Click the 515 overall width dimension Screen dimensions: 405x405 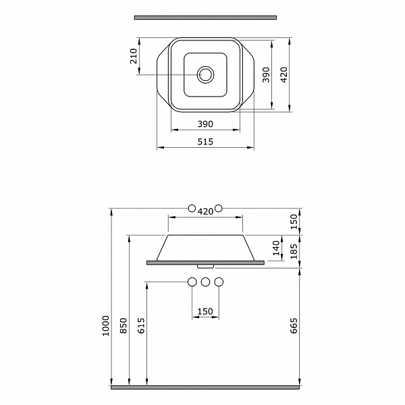[205, 141]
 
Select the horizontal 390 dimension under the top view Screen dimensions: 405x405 [205, 124]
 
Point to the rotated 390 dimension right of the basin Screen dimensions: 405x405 [265, 74]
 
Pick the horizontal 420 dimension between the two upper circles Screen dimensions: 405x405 [205, 211]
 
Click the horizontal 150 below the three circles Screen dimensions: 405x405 [205, 312]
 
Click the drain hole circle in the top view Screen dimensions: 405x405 [205, 74]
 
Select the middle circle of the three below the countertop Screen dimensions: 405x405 [205, 282]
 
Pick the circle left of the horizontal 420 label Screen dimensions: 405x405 [192, 208]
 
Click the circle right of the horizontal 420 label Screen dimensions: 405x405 [218, 208]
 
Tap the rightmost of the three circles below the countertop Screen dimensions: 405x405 [218, 282]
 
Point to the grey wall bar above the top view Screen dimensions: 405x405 [205, 16]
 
